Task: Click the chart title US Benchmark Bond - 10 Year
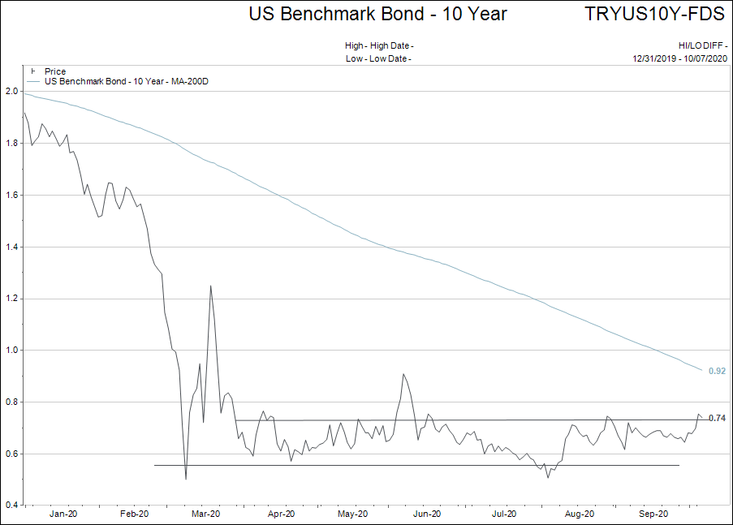coord(377,14)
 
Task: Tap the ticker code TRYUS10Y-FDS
coord(653,14)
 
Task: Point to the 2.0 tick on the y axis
coord(11,92)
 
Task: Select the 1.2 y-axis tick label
coord(11,299)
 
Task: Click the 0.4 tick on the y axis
coord(11,506)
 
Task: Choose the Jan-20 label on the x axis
coord(63,514)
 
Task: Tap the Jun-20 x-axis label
coord(427,514)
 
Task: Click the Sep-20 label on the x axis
coord(653,514)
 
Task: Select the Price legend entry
coord(55,72)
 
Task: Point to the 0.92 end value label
coord(717,371)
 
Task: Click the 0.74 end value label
coord(717,418)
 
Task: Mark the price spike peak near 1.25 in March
coord(211,286)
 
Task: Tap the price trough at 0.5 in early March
coord(186,479)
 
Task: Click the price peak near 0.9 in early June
coord(403,374)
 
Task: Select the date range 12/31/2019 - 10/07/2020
coord(680,58)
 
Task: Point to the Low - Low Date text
coord(378,58)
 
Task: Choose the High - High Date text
coord(379,45)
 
